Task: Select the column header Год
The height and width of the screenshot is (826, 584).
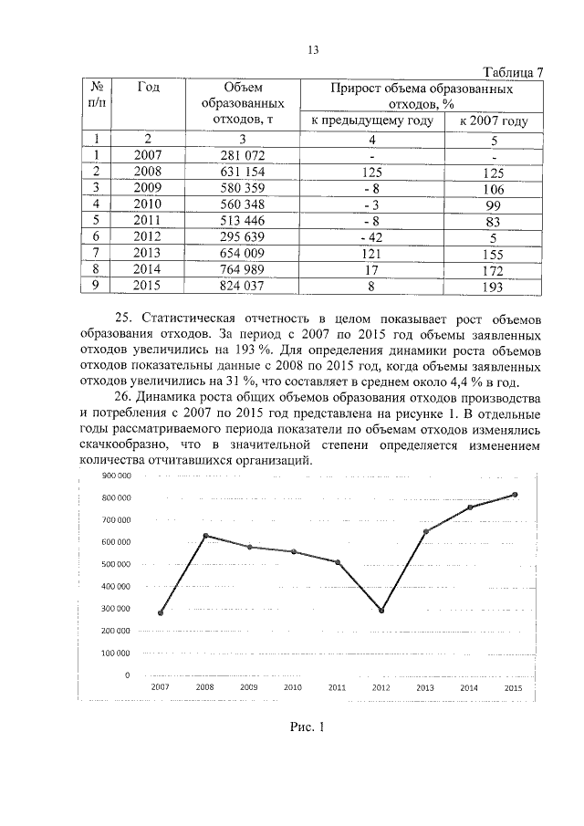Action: point(149,88)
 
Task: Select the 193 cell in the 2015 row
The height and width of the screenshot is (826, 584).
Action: point(494,288)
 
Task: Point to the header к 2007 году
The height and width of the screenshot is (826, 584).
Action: point(494,120)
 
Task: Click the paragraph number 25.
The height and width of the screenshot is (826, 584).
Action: point(150,318)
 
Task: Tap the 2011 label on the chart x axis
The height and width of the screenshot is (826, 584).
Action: point(337,687)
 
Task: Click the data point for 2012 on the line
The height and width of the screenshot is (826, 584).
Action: point(381,611)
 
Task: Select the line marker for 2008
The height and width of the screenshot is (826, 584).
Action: point(205,536)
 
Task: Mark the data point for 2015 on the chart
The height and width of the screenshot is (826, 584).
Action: point(515,495)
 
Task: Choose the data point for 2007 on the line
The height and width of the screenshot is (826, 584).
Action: point(161,613)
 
